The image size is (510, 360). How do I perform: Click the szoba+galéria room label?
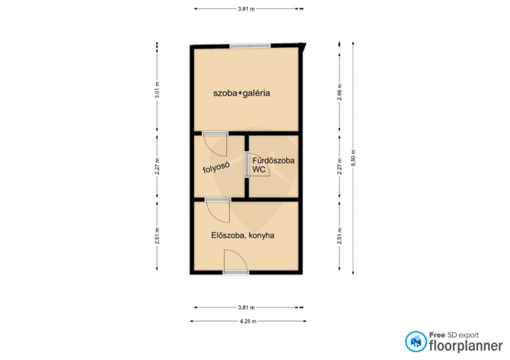coord(242,93)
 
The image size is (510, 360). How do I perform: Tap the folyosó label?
coord(216,168)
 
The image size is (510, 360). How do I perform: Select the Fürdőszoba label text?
coord(273,161)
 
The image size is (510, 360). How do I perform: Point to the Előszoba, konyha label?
coord(243,235)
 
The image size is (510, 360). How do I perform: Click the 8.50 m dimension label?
coord(353,158)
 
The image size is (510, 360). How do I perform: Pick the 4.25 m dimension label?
coord(248,321)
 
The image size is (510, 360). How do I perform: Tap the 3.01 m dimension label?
coord(157,90)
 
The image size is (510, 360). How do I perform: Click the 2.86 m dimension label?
coord(340,92)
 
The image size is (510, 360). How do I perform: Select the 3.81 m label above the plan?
coord(246,9)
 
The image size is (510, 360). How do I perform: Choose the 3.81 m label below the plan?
coord(246,307)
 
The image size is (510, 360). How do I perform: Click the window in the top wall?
coord(250,46)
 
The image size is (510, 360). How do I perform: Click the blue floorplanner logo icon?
coord(416,342)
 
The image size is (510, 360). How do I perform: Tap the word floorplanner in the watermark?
coord(466,346)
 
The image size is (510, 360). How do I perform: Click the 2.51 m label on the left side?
coord(157,236)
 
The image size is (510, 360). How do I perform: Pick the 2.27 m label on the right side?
coord(340,166)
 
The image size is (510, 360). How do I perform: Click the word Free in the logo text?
coord(437,335)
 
